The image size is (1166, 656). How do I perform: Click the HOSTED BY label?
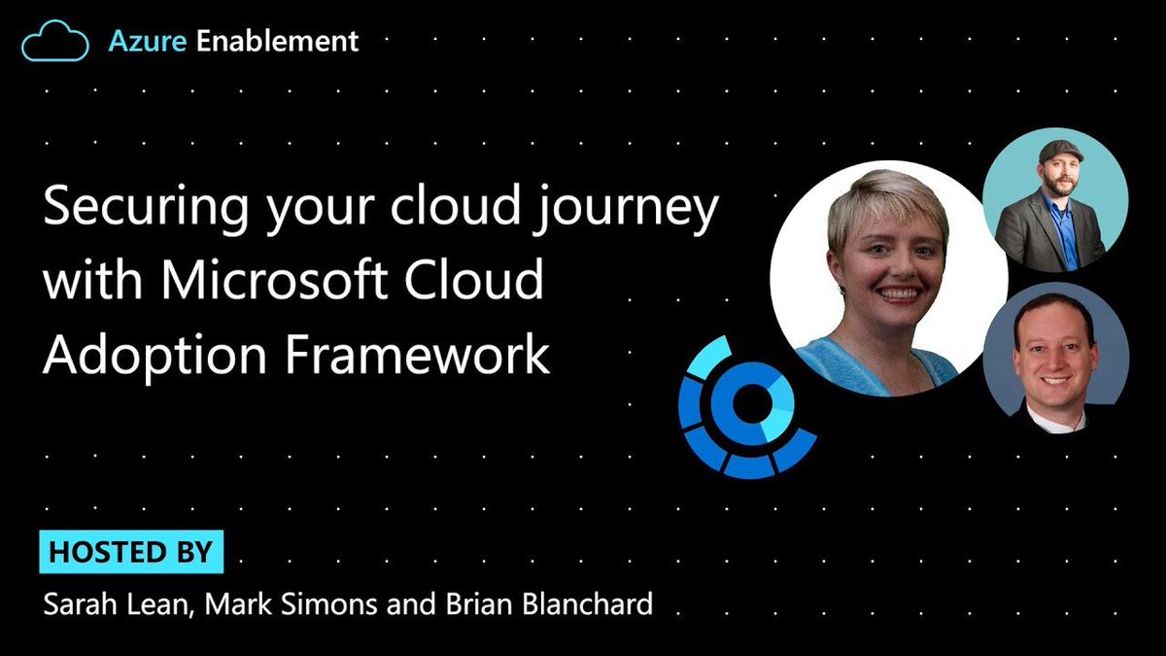[130, 552]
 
